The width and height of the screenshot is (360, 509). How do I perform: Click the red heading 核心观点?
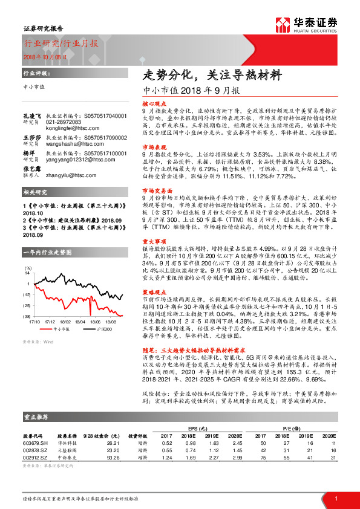pos(152,104)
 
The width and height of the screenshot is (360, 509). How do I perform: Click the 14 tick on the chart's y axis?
pos(28,273)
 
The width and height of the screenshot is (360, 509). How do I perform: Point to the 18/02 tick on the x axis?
pos(65,322)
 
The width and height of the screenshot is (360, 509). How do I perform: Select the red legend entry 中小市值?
pos(63,330)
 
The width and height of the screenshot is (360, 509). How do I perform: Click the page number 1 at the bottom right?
pos(336,498)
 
